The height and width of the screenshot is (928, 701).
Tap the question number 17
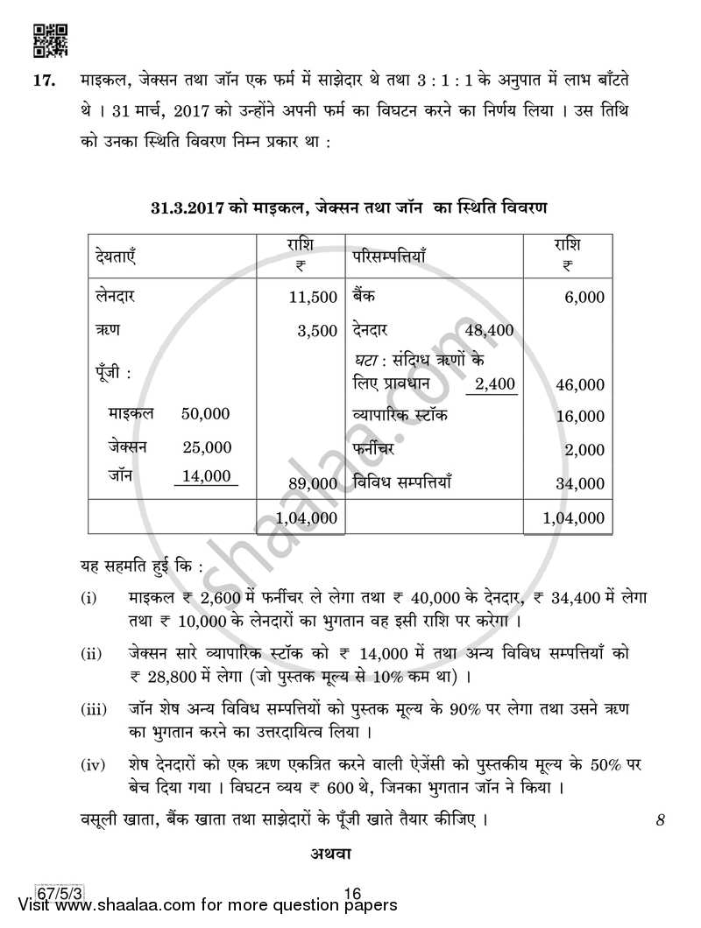pos(44,81)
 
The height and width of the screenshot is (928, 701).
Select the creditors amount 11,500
pos(313,298)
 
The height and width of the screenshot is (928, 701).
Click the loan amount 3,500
pos(318,330)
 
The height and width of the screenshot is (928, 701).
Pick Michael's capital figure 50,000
pos(206,413)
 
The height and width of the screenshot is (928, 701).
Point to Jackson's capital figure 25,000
pos(207,447)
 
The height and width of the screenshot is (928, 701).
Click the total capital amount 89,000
pos(312,482)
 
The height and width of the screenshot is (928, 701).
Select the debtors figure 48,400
pos(490,330)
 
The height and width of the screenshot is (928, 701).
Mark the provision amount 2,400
pos(495,383)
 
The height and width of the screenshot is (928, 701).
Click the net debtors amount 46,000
pos(579,384)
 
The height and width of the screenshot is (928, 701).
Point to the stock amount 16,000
pos(579,417)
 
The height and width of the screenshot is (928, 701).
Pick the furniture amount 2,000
pos(584,450)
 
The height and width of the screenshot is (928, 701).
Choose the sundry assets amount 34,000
pos(579,482)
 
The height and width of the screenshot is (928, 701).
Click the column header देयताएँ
pos(117,257)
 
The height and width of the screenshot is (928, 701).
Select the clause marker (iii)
pos(92,707)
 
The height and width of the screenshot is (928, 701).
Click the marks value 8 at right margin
pos(660,820)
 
